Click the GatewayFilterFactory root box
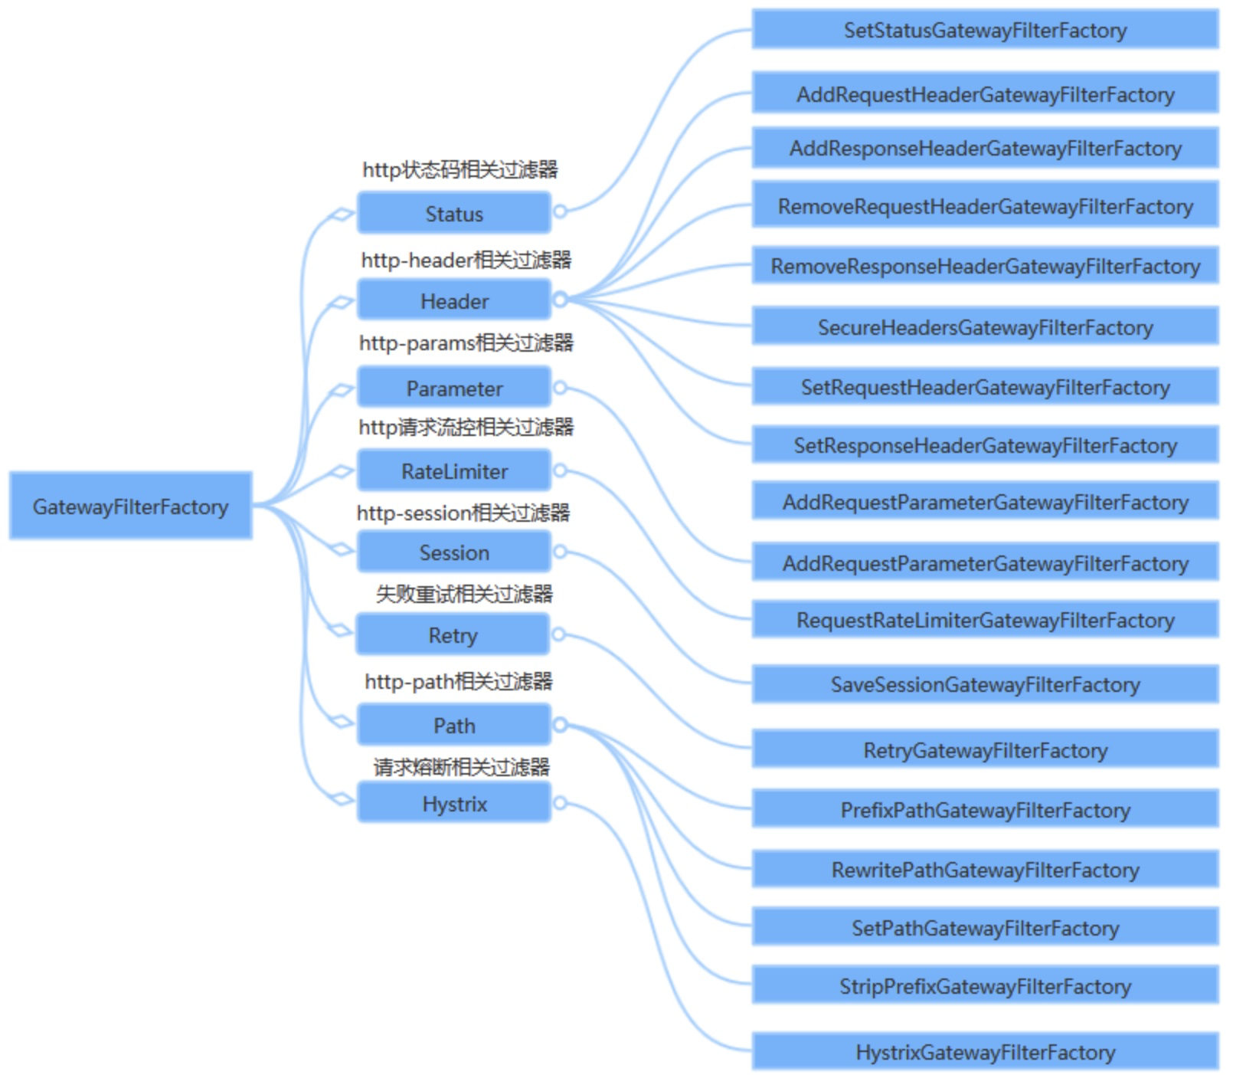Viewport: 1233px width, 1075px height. [x=130, y=506]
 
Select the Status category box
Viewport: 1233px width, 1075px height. [x=453, y=213]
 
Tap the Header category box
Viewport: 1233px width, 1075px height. [x=453, y=300]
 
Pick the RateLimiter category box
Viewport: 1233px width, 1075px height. [x=453, y=470]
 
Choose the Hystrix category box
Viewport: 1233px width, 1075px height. [x=453, y=803]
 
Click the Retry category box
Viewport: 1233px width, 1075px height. [x=452, y=634]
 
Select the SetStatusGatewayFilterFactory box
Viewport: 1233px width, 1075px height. [x=985, y=30]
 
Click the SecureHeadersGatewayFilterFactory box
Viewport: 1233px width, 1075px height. [x=985, y=327]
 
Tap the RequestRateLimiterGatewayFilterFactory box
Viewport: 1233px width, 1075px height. [x=985, y=620]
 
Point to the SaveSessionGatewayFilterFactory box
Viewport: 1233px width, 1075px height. [x=985, y=684]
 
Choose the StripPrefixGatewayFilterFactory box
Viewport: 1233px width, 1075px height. [x=985, y=985]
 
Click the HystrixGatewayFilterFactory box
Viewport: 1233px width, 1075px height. [x=985, y=1052]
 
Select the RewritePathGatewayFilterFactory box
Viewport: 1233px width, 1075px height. [x=985, y=870]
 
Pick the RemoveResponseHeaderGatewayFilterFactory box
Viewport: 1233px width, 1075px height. [x=985, y=266]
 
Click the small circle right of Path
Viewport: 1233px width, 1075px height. [x=560, y=724]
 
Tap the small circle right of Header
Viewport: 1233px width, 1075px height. [x=560, y=300]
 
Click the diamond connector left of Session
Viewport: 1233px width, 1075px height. [x=341, y=549]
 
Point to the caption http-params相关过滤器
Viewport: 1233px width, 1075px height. [x=466, y=342]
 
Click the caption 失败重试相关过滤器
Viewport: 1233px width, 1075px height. [x=464, y=593]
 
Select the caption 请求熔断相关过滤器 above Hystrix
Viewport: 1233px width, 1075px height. [x=462, y=766]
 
